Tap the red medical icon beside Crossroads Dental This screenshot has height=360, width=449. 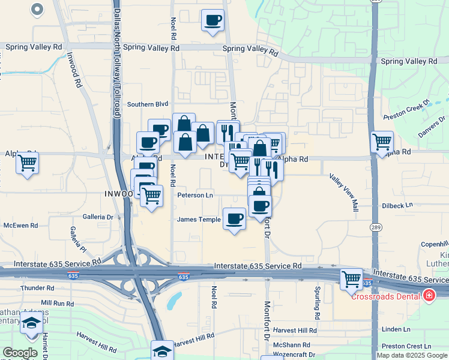pos(429,295)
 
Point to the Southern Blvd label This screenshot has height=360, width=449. pos(148,104)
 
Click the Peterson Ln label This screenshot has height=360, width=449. pos(195,195)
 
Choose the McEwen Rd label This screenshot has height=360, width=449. pos(20,226)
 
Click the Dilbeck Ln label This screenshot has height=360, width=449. pos(397,205)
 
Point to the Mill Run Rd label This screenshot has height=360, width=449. pos(58,304)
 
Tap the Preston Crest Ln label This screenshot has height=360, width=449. pos(411,346)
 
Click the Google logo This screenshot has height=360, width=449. pos(20,353)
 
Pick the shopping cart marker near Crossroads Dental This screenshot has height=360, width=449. pos(351,279)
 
